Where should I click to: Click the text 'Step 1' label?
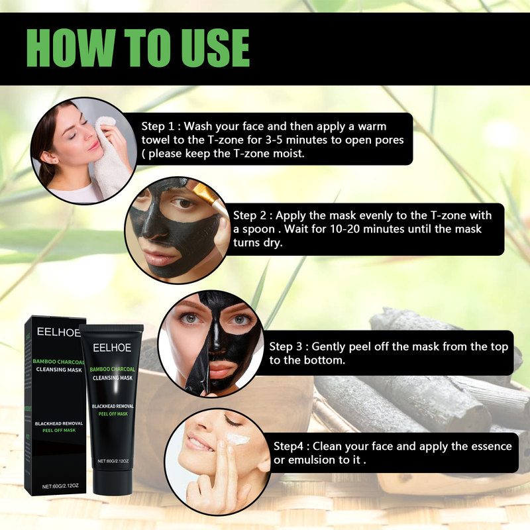point(158,127)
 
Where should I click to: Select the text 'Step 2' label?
point(250,216)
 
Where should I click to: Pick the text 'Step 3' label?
point(286,346)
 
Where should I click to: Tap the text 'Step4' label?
point(288,447)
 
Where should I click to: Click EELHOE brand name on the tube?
point(112,348)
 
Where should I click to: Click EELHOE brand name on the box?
point(58,332)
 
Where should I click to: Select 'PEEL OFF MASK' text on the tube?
point(113,413)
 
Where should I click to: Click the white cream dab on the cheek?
point(238,439)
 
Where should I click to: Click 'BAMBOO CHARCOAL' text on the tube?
point(112,369)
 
